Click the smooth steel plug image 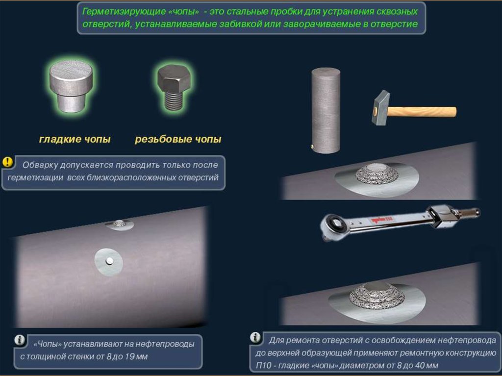tap(71, 86)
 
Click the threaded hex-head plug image tap(174, 87)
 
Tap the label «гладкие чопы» tap(75, 139)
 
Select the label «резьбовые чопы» tap(178, 139)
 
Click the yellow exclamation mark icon tap(7, 162)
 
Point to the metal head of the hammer tap(380, 108)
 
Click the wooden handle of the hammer tap(422, 112)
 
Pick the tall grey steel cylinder tap(326, 110)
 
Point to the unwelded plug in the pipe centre tap(109, 261)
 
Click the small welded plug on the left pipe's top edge tap(119, 224)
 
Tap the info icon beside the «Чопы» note tap(20, 340)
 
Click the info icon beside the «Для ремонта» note tap(255, 337)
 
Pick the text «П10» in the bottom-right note tap(263, 365)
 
